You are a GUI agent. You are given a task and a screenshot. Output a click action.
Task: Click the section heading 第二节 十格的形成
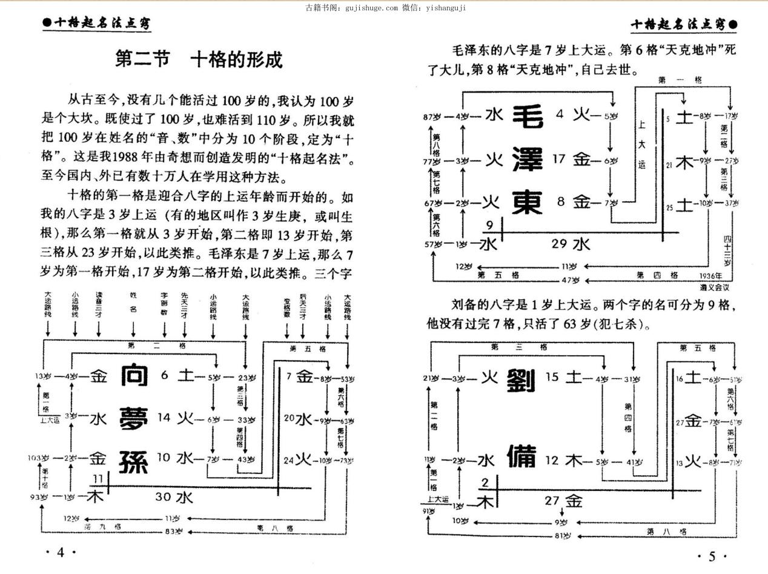(x=199, y=60)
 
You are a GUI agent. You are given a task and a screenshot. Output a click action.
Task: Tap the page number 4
(x=60, y=552)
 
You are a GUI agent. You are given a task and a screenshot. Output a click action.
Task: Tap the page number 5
(x=712, y=556)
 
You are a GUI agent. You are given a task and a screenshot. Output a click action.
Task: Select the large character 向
(x=134, y=376)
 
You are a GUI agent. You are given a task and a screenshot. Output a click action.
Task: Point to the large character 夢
(x=134, y=418)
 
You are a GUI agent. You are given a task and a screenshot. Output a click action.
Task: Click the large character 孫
(x=134, y=461)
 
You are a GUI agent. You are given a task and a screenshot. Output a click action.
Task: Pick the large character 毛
(x=529, y=116)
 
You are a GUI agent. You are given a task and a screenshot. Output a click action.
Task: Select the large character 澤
(x=529, y=160)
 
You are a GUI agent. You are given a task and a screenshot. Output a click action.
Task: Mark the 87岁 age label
(x=432, y=117)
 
